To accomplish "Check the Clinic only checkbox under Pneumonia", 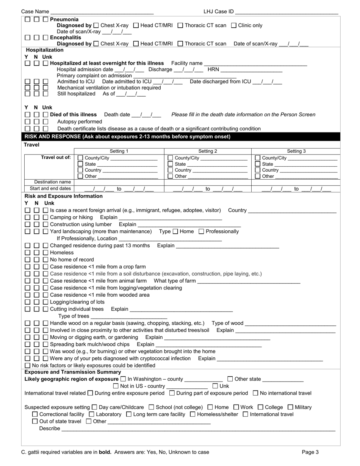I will point(234,25).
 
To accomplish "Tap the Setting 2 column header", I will point(208,151).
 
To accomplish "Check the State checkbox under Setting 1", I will point(80,164).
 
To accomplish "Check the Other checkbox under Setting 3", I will point(258,176).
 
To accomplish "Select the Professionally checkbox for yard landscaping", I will point(202,231).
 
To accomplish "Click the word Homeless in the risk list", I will point(62,253).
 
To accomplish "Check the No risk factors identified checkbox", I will point(28,366).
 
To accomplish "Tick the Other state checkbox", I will point(230,379).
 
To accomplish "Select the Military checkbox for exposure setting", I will point(290,407).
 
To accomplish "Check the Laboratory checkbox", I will point(91,414).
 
